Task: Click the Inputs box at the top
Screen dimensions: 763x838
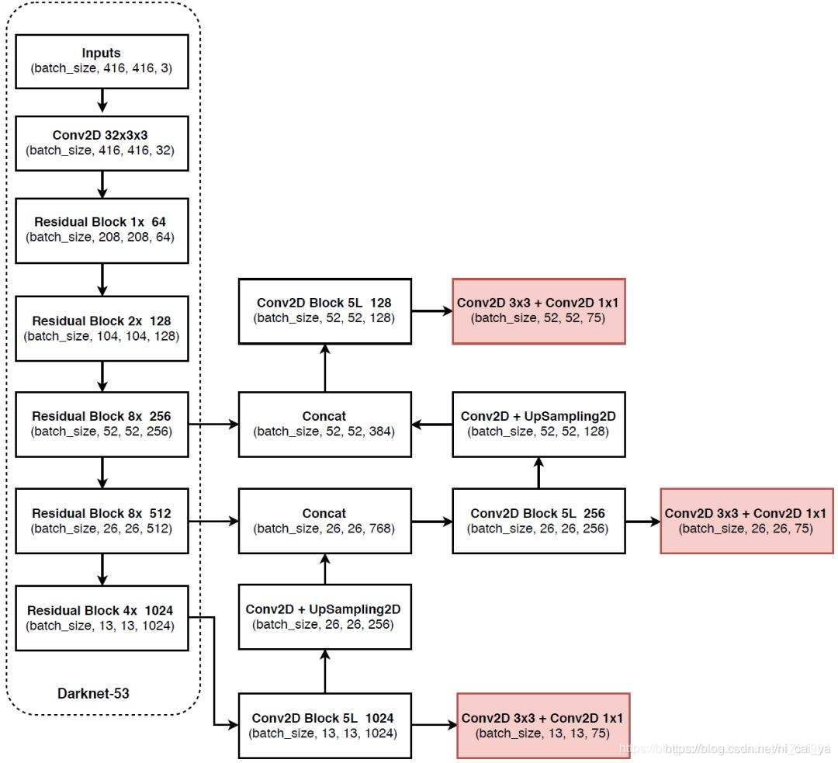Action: pyautogui.click(x=102, y=61)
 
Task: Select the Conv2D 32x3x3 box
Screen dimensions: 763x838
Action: pyautogui.click(x=102, y=144)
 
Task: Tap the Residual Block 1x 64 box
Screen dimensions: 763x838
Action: pyautogui.click(x=102, y=229)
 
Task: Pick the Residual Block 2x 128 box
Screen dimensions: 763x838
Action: pyautogui.click(x=102, y=328)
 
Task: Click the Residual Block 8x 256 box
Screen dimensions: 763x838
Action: pyautogui.click(x=102, y=424)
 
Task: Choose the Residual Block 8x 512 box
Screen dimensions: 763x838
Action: pyautogui.click(x=102, y=521)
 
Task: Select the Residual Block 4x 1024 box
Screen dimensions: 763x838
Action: pyautogui.click(x=102, y=618)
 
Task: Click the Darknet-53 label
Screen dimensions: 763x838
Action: pyautogui.click(x=93, y=693)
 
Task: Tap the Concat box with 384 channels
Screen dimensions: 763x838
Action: pyautogui.click(x=324, y=424)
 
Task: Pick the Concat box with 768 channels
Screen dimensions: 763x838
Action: pyautogui.click(x=324, y=521)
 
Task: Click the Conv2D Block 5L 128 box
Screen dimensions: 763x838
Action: pyautogui.click(x=324, y=310)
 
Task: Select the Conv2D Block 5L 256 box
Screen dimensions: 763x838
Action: pyautogui.click(x=538, y=521)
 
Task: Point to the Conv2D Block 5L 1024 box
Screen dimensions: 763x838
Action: pyautogui.click(x=324, y=725)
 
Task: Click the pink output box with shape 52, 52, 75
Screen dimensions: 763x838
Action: pyautogui.click(x=538, y=310)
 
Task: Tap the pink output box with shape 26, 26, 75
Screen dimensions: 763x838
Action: pyautogui.click(x=746, y=521)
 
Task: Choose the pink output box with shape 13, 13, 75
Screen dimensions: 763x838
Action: pyautogui.click(x=543, y=725)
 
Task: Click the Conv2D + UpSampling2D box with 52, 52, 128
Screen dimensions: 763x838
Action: pyautogui.click(x=538, y=424)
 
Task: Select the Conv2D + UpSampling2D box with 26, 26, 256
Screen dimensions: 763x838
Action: pyautogui.click(x=324, y=617)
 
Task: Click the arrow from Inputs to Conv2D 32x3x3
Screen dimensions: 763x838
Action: pyautogui.click(x=102, y=101)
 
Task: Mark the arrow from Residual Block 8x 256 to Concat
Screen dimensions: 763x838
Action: pyautogui.click(x=213, y=425)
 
